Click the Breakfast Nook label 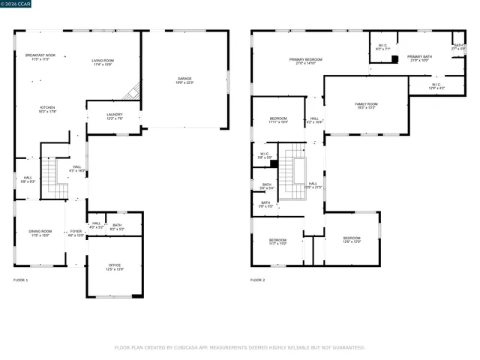[41, 55]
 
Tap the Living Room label [103, 61]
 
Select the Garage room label [184, 79]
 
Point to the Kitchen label [47, 109]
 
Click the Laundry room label [114, 115]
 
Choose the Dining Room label [40, 232]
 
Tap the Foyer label [76, 232]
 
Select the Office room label [114, 266]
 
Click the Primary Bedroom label [306, 61]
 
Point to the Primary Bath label [419, 58]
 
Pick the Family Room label [366, 105]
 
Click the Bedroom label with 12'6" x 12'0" [352, 240]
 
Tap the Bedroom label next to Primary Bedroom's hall [278, 120]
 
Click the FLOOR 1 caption [21, 280]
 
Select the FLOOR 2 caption [258, 280]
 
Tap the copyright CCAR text [13, 4]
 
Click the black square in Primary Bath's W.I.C [395, 59]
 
